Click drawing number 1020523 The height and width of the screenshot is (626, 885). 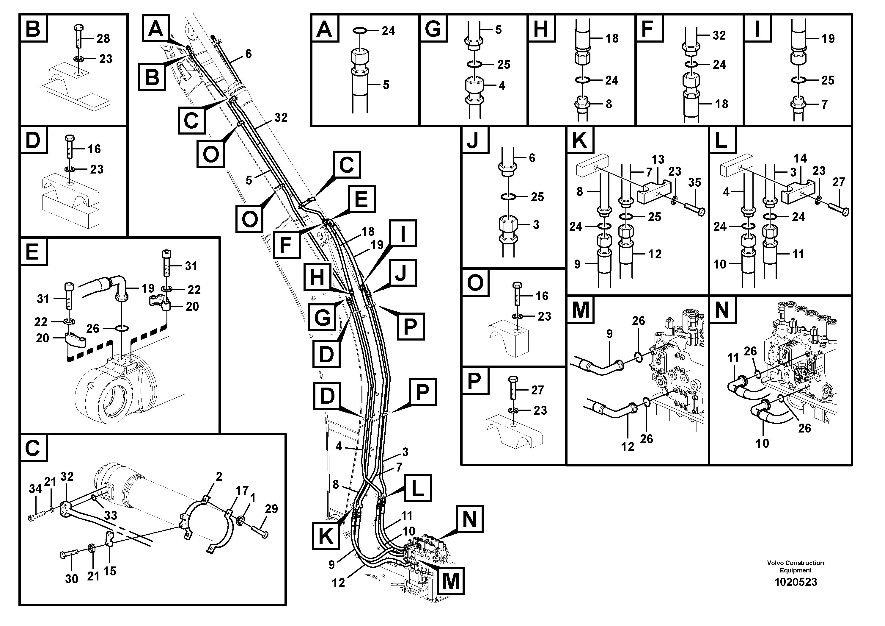[796, 582]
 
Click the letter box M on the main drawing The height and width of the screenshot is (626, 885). [451, 580]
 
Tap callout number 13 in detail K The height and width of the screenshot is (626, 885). [658, 159]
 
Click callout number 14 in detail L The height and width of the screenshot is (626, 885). [800, 158]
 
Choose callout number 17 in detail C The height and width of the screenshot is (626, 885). [242, 491]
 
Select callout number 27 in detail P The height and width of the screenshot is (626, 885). [537, 390]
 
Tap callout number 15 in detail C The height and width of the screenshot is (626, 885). [109, 571]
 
